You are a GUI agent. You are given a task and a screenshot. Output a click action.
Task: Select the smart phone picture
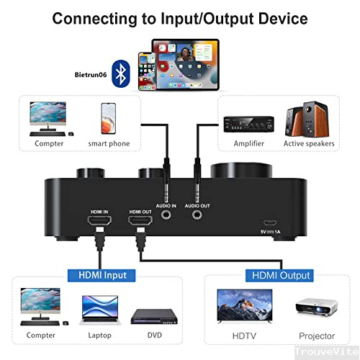tap(108, 118)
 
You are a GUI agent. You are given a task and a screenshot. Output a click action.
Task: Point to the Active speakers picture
tap(308, 118)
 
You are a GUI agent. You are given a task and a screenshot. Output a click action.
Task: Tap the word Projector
tap(317, 336)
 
